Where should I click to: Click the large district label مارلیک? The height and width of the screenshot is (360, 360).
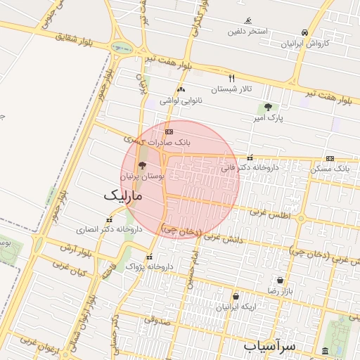[x=123, y=195]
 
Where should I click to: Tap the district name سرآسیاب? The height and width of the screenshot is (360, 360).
[x=271, y=346]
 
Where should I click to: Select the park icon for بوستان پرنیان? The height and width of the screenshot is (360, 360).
[x=143, y=167]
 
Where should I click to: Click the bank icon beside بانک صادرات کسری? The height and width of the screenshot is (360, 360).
[x=168, y=131]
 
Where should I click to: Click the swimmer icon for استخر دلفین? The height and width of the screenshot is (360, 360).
[x=247, y=21]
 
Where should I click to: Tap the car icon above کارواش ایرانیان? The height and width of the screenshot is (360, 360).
[x=304, y=32]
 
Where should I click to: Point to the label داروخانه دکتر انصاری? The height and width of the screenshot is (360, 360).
[x=110, y=229]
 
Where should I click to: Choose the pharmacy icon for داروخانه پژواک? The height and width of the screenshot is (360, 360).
[x=148, y=257]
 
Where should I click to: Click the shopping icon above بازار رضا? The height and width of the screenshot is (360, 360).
[x=281, y=280]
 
